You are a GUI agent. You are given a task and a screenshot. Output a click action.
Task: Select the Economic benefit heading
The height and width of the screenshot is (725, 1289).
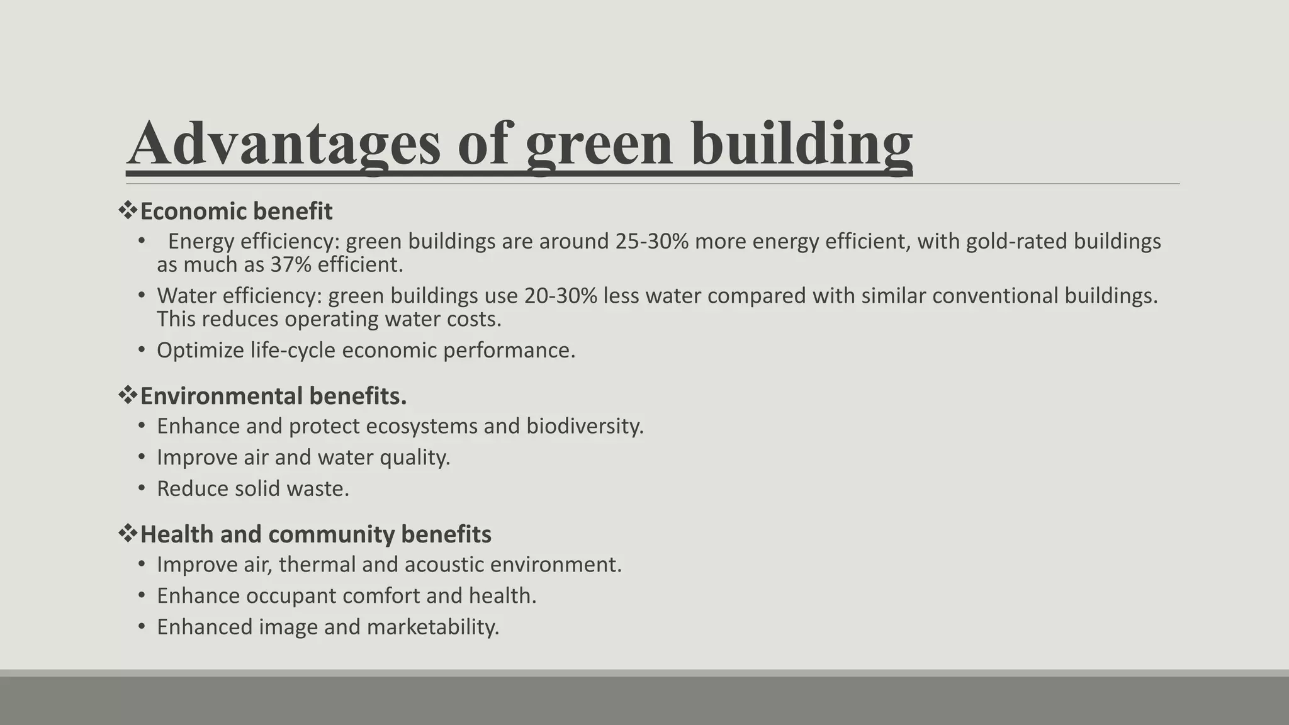click(236, 211)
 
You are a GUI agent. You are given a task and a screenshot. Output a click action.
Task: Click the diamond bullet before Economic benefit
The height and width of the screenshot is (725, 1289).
click(128, 211)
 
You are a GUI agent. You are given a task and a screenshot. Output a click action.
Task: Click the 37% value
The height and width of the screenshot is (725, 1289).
click(291, 265)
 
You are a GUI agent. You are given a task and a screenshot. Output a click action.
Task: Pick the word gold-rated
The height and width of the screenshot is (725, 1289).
click(1016, 242)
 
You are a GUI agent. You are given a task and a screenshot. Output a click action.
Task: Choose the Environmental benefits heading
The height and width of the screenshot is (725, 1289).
click(273, 396)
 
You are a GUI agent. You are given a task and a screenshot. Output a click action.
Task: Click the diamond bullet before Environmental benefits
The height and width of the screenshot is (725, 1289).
click(128, 396)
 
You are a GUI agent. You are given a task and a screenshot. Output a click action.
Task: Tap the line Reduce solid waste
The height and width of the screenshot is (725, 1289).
click(252, 489)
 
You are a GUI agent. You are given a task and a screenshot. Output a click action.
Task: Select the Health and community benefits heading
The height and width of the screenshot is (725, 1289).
click(315, 535)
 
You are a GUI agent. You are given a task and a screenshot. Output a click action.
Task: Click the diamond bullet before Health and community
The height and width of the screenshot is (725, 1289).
click(128, 534)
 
